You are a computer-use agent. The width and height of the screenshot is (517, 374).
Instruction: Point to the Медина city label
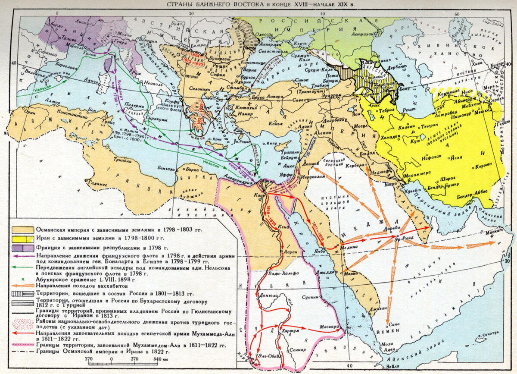349,247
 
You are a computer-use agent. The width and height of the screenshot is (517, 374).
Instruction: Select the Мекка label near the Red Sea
351,273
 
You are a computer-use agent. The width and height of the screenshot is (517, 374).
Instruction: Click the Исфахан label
416,157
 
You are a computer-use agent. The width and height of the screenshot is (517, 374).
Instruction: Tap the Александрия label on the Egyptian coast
238,182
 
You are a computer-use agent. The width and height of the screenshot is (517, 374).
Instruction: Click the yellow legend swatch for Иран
22,239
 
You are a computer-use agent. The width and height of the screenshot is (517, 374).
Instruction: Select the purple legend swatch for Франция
22,248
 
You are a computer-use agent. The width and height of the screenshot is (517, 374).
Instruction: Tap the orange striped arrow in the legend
22,286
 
